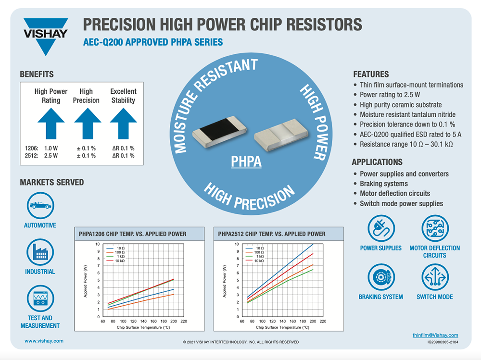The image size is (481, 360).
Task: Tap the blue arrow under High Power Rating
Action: (51, 123)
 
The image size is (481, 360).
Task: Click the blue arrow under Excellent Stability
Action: (123, 123)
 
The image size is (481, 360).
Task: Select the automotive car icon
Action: (40, 205)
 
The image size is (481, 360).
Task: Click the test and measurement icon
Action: (40, 298)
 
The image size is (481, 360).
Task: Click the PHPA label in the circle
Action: (246, 161)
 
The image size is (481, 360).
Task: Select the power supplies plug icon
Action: (380, 229)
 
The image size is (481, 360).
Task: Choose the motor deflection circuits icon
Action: (434, 229)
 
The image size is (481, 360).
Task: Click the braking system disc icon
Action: (380, 277)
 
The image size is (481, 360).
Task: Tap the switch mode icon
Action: (434, 277)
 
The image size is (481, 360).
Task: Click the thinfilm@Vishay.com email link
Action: (435, 335)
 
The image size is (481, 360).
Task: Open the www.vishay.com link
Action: (44, 341)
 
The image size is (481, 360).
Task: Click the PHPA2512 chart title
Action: (272, 234)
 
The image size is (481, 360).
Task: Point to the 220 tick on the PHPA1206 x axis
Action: (183, 321)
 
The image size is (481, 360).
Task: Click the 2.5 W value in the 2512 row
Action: (51, 156)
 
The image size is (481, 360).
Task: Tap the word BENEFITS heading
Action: (37, 74)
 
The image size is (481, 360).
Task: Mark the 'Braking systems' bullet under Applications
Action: (384, 184)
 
